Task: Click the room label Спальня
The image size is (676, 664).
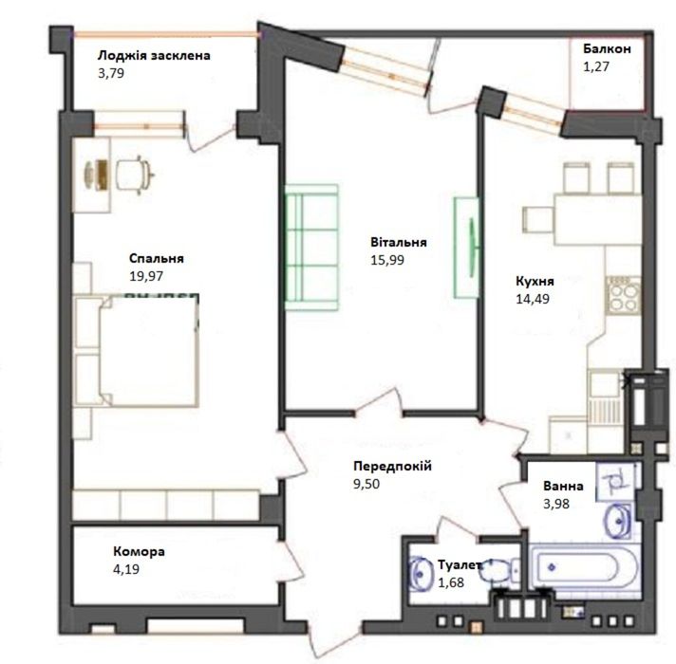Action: pyautogui.click(x=157, y=258)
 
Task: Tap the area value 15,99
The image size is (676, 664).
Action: pyautogui.click(x=387, y=260)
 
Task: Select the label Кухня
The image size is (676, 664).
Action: pyautogui.click(x=535, y=281)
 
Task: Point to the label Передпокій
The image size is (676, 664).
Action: pyautogui.click(x=392, y=466)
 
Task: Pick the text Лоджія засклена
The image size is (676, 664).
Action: pyautogui.click(x=154, y=56)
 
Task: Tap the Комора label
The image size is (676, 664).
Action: pyautogui.click(x=139, y=552)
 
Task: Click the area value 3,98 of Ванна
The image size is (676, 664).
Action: pyautogui.click(x=556, y=504)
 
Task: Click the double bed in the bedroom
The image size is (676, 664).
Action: pyautogui.click(x=136, y=351)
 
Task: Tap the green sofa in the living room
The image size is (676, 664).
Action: pyautogui.click(x=311, y=248)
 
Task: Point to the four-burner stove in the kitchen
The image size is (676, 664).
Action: pyautogui.click(x=624, y=295)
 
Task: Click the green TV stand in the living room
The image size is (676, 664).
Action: pyautogui.click(x=466, y=248)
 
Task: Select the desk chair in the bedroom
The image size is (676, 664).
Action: pyautogui.click(x=135, y=175)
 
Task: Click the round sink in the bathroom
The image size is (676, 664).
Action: pyautogui.click(x=618, y=522)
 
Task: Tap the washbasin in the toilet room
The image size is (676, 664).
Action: pyautogui.click(x=420, y=574)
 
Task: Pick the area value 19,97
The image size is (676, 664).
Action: pyautogui.click(x=146, y=276)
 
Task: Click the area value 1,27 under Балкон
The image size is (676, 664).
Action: pyautogui.click(x=596, y=66)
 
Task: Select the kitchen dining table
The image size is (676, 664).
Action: pyautogui.click(x=598, y=220)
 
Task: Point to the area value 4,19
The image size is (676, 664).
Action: pyautogui.click(x=126, y=569)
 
